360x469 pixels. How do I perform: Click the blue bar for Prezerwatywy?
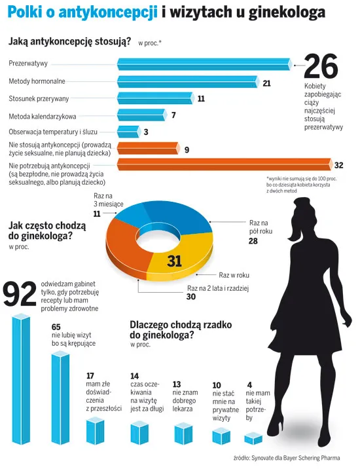[203, 64]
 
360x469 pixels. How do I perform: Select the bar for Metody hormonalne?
[187, 82]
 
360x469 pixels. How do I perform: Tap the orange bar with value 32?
[223, 164]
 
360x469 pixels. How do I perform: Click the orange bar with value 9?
[149, 149]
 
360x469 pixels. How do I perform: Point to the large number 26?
[321, 67]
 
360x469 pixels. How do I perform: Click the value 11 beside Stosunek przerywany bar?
[201, 99]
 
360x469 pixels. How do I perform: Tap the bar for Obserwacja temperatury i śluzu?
[128, 132]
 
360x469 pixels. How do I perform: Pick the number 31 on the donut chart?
[174, 261]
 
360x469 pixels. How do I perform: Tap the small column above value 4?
[253, 438]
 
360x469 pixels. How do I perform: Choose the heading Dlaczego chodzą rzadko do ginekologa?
[172, 329]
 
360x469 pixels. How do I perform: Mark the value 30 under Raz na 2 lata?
[192, 297]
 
